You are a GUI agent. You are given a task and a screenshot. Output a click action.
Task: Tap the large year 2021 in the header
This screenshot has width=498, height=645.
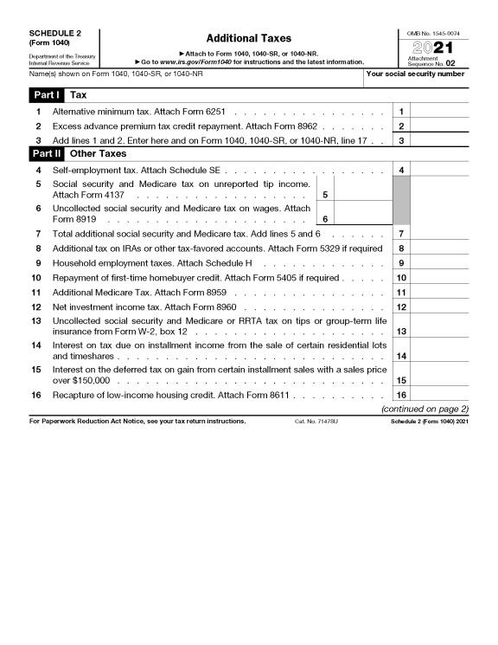click(440, 47)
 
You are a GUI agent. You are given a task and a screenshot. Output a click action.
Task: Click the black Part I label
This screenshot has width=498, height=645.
click(39, 94)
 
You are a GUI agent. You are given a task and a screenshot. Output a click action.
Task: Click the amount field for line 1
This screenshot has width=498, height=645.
click(440, 112)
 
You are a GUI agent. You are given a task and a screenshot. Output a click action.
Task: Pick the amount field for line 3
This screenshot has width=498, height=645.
click(440, 139)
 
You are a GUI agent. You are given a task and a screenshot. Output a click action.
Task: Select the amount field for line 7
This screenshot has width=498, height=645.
click(440, 234)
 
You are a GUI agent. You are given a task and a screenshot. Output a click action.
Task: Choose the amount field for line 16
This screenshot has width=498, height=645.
click(440, 395)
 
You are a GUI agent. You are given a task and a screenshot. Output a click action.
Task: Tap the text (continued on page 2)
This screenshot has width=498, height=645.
click(425, 409)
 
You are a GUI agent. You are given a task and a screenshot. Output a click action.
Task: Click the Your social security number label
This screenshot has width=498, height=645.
click(416, 74)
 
